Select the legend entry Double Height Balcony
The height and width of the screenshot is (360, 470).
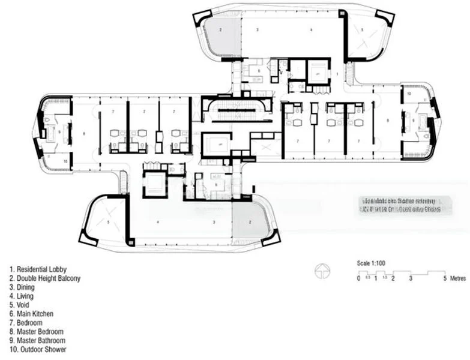[45, 278]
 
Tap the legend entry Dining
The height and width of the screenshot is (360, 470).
[25, 287]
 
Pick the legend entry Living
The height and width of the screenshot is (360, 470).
[25, 296]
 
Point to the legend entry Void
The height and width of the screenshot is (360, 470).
[23, 305]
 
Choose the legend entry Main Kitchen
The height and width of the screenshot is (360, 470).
[35, 314]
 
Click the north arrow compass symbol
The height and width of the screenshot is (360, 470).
[321, 271]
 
